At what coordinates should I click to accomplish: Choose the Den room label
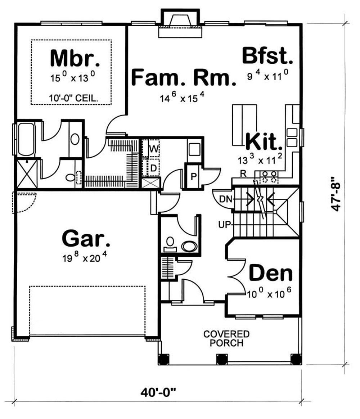pyautogui.click(x=270, y=274)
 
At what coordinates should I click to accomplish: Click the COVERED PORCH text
pyautogui.click(x=226, y=338)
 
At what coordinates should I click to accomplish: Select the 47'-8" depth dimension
pyautogui.click(x=336, y=193)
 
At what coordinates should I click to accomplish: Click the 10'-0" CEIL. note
pyautogui.click(x=71, y=98)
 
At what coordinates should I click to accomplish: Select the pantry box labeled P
pyautogui.click(x=193, y=176)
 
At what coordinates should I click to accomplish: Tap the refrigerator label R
pyautogui.click(x=243, y=174)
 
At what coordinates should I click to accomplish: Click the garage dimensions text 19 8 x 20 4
pyautogui.click(x=84, y=258)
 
